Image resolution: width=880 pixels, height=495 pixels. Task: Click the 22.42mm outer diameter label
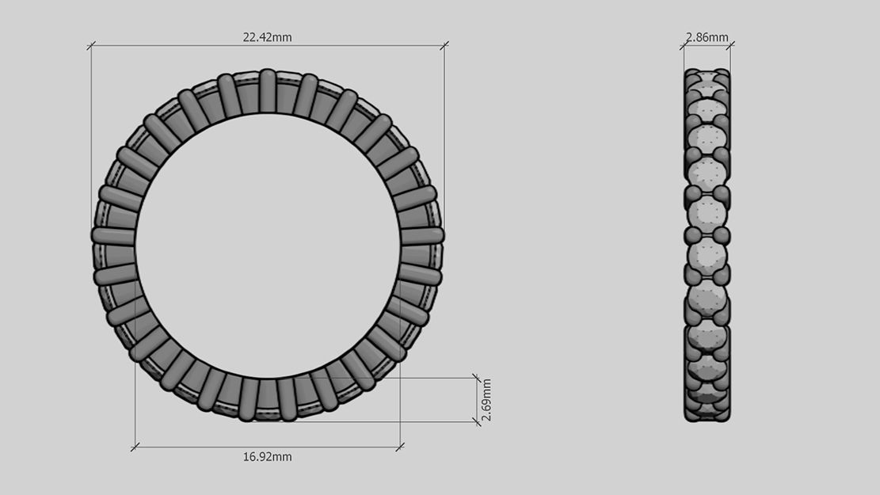point(267,37)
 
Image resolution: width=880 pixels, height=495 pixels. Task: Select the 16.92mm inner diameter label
point(267,457)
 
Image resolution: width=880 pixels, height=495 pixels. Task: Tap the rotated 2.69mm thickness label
point(486,400)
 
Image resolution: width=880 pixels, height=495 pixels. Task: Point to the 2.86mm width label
point(707,37)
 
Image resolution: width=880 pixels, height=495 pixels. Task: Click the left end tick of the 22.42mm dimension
point(91,46)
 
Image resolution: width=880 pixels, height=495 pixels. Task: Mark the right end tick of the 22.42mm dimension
point(444,46)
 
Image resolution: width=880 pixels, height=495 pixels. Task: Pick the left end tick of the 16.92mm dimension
point(135,447)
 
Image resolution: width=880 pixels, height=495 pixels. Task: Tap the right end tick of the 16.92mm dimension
point(400,447)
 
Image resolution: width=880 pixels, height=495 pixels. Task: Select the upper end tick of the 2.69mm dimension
point(476,378)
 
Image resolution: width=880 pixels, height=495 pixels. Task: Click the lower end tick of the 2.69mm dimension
point(476,421)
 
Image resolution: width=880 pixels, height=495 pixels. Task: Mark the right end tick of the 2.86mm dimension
point(730,46)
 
